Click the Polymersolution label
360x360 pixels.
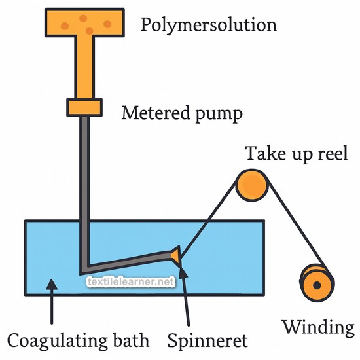coord(208,26)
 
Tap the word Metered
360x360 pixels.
coord(156,113)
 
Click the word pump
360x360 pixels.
coord(219,115)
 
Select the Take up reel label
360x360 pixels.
coord(297,154)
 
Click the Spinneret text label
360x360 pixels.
coord(207,341)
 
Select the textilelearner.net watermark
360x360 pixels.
coord(131,281)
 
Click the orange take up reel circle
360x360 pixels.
coord(252,185)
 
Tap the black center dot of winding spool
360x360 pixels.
coord(317,285)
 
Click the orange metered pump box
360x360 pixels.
coord(84,107)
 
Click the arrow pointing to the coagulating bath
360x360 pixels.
coord(52,301)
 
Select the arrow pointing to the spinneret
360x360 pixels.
coord(185,296)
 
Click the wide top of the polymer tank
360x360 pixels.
coord(84,22)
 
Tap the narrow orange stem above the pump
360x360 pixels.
coord(84,67)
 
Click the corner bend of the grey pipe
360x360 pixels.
coord(84,270)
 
